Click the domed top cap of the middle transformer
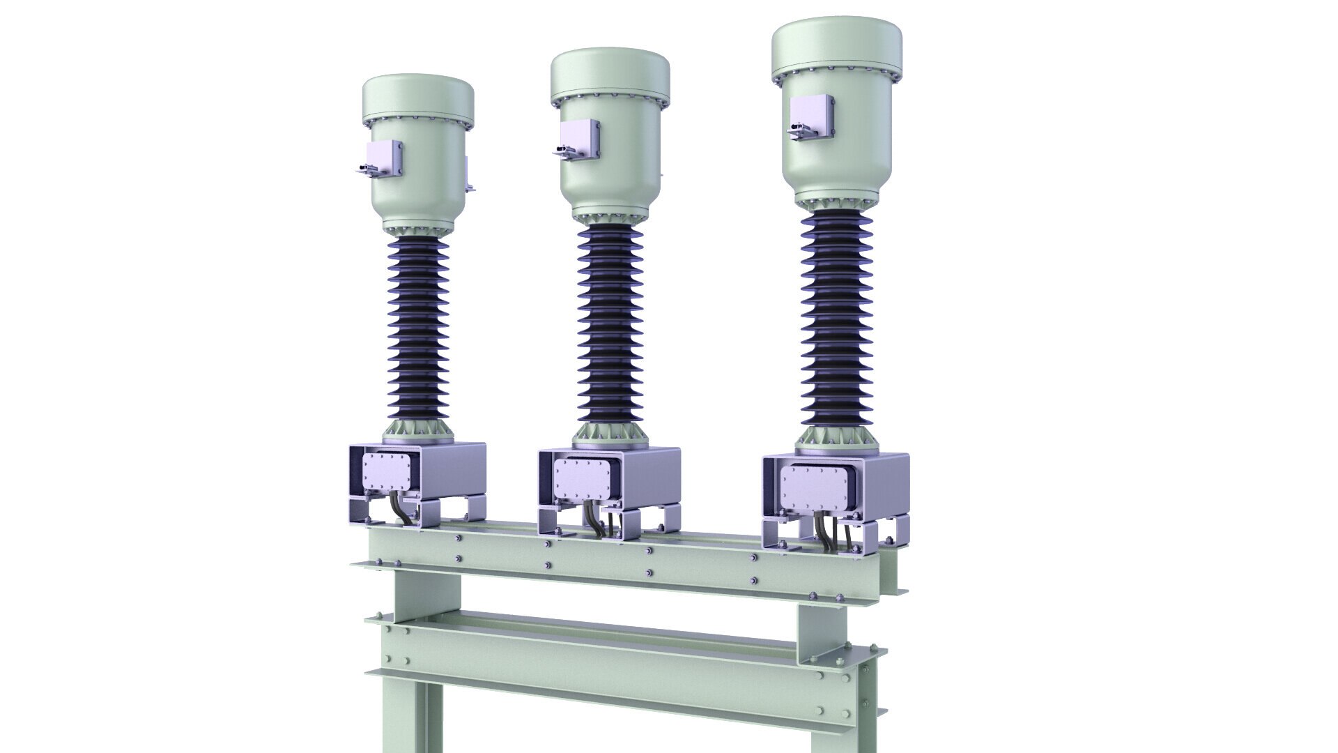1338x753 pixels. (610, 73)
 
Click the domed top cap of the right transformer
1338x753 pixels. (836, 45)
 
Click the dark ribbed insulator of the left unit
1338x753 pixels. (418, 335)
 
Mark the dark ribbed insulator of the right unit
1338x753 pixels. (836, 317)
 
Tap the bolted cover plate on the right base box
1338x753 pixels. (813, 488)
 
